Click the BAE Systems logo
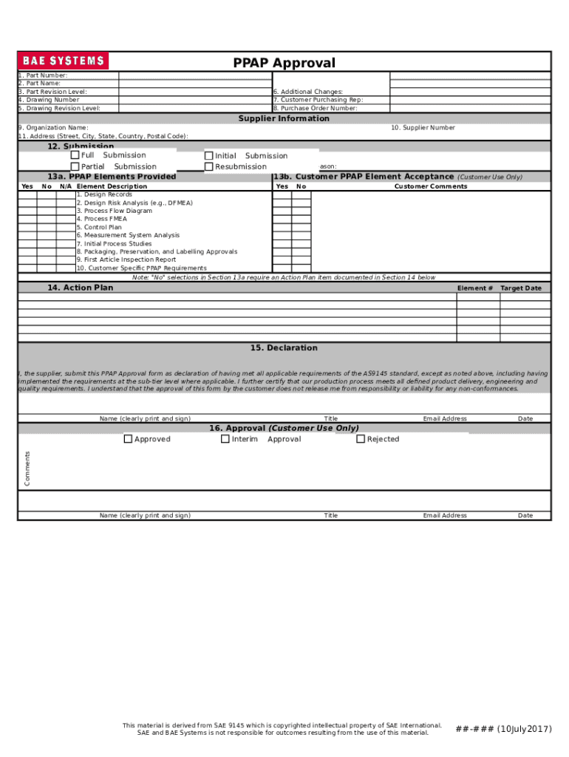pyautogui.click(x=64, y=61)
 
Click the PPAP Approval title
pyautogui.click(x=284, y=64)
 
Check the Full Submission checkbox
pyautogui.click(x=75, y=155)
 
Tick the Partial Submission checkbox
pyautogui.click(x=75, y=167)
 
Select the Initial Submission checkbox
pyautogui.click(x=209, y=156)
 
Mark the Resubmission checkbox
pyautogui.click(x=209, y=167)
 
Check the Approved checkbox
pyautogui.click(x=128, y=439)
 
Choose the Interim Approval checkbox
pyautogui.click(x=225, y=439)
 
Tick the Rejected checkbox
pyautogui.click(x=361, y=439)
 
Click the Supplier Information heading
pyautogui.click(x=284, y=119)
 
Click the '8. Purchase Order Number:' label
pyautogui.click(x=315, y=109)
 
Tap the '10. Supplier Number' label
pyautogui.click(x=423, y=128)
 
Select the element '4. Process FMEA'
pyautogui.click(x=101, y=220)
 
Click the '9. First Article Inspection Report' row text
pyautogui.click(x=126, y=260)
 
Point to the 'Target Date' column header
pyautogui.click(x=520, y=288)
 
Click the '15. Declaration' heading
pyautogui.click(x=284, y=348)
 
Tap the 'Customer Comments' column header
pyautogui.click(x=430, y=187)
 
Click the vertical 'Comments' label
pyautogui.click(x=27, y=469)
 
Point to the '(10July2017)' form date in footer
pyautogui.click(x=524, y=730)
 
